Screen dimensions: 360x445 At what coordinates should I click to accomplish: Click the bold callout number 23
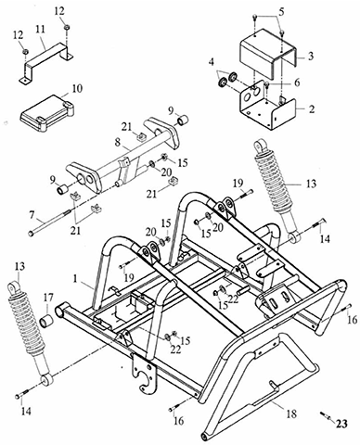tap(341, 424)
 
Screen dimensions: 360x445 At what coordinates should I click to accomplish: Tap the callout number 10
tap(78, 89)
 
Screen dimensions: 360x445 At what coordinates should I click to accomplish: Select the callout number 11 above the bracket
tap(40, 30)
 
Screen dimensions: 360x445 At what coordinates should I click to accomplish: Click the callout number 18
tap(290, 413)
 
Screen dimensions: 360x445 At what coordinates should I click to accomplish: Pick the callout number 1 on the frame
tap(74, 278)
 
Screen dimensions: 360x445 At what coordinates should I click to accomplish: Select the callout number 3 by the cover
tap(311, 57)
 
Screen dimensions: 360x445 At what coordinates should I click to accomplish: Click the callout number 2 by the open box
tap(311, 109)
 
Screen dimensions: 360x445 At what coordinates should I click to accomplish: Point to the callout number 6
tap(297, 83)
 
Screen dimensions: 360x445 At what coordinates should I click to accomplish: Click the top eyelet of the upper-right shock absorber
tap(260, 145)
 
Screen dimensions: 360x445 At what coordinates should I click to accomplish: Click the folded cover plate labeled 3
tap(269, 54)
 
